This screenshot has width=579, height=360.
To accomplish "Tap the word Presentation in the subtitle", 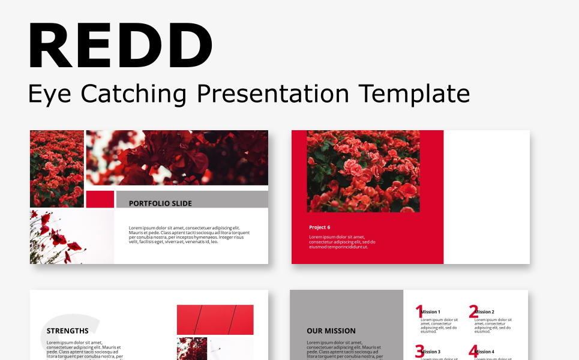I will [273, 94].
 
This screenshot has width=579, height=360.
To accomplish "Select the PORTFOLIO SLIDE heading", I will [160, 203].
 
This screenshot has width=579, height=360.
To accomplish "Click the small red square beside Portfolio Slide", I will [100, 199].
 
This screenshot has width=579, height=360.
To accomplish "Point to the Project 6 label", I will [319, 227].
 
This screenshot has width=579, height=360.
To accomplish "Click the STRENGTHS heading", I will [67, 331].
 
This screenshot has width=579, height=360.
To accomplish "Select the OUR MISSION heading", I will [331, 331].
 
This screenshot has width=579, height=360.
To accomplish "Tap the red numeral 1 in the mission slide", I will [419, 311].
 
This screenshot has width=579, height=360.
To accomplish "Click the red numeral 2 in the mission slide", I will [473, 311].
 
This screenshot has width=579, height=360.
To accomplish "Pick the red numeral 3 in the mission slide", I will [419, 352].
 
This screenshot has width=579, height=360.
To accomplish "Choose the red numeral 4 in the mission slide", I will [473, 352].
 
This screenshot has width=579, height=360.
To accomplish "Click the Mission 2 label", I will [485, 312].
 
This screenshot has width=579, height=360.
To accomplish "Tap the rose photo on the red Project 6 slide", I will [363, 171].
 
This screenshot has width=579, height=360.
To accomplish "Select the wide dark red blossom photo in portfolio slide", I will [177, 158].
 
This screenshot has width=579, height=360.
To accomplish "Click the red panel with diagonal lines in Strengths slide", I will [215, 319].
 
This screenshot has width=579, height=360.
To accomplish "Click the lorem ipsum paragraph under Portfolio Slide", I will [189, 235].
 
